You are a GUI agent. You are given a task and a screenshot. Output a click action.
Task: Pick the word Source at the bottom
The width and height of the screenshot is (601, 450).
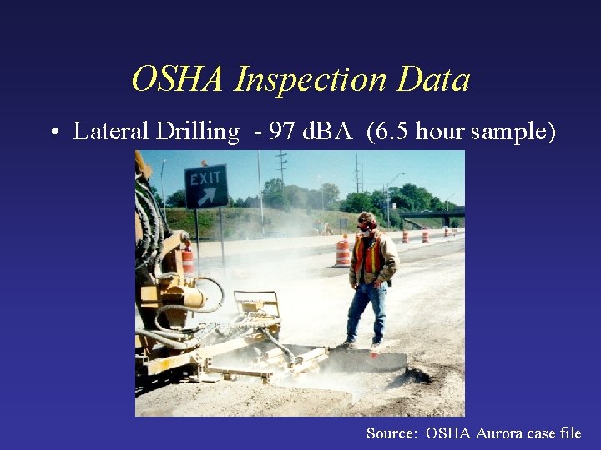pyautogui.click(x=392, y=432)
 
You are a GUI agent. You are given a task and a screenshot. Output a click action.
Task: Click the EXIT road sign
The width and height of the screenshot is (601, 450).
pyautogui.click(x=206, y=187)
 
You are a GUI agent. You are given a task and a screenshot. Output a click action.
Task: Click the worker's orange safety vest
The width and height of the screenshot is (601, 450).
pyautogui.click(x=368, y=254)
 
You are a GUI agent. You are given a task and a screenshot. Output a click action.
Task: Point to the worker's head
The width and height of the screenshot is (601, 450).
pyautogui.click(x=366, y=222)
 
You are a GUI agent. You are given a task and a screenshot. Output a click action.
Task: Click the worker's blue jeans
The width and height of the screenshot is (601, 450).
pyautogui.click(x=367, y=311)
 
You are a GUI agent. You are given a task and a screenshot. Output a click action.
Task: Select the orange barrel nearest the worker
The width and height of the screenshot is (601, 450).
pyautogui.click(x=343, y=252)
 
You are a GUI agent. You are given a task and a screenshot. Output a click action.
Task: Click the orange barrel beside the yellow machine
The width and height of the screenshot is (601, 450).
pyautogui.click(x=187, y=261)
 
